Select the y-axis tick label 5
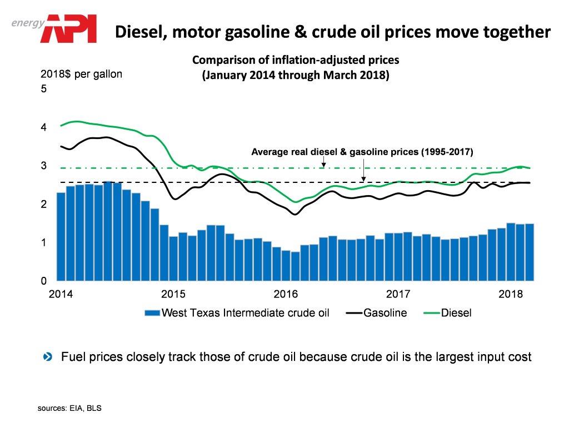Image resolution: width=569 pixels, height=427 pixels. [44, 89]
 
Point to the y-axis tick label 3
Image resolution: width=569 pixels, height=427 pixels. [44, 166]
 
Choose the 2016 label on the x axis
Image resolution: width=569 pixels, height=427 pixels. [286, 293]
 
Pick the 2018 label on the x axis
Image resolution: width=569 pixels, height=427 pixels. [510, 293]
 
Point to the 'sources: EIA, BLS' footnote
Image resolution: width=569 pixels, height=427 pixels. [70, 409]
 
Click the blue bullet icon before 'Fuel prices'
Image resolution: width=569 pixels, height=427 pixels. [48, 356]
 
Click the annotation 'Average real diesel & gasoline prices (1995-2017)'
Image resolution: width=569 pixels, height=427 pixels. [362, 151]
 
